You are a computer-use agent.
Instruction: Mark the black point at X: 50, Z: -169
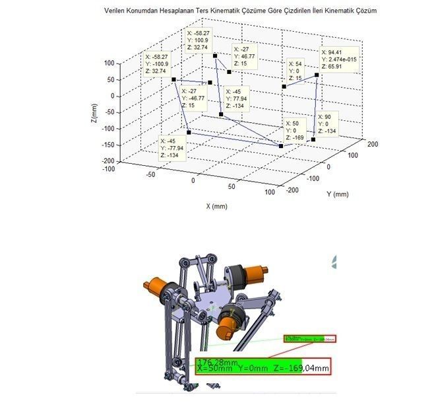click(281, 146)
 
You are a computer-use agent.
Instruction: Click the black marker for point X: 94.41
click(317, 75)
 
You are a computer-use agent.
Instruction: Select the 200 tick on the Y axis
click(371, 143)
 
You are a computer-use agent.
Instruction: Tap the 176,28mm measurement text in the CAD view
click(218, 362)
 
